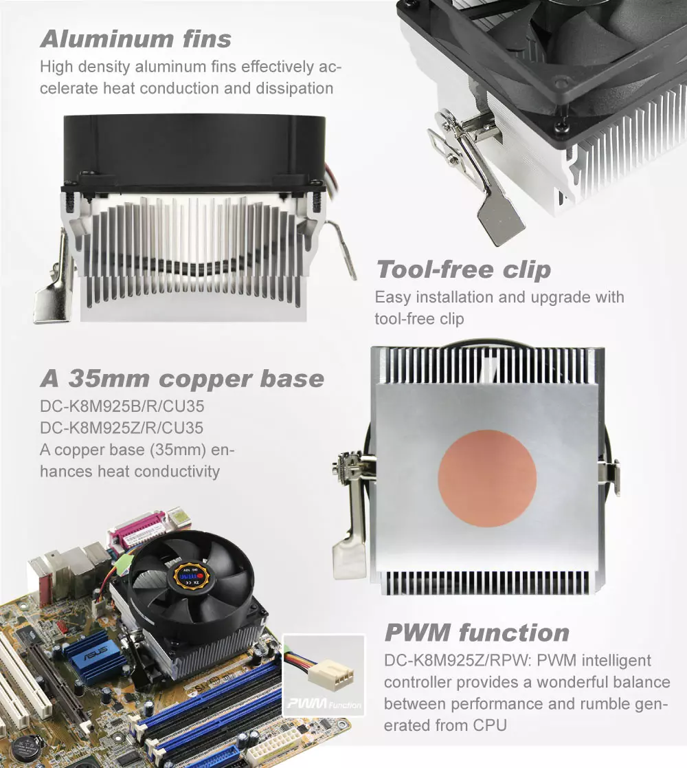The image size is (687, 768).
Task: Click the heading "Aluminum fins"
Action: click(x=135, y=39)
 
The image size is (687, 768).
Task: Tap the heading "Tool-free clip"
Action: click(x=464, y=270)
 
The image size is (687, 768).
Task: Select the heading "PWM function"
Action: click(x=477, y=633)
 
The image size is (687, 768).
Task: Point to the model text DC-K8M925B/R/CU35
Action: click(x=122, y=406)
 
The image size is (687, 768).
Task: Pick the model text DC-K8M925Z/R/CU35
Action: click(x=122, y=428)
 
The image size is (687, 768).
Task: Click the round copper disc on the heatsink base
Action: click(x=487, y=479)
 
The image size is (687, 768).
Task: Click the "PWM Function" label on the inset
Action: click(x=324, y=704)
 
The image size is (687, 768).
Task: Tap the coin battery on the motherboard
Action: click(x=22, y=747)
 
